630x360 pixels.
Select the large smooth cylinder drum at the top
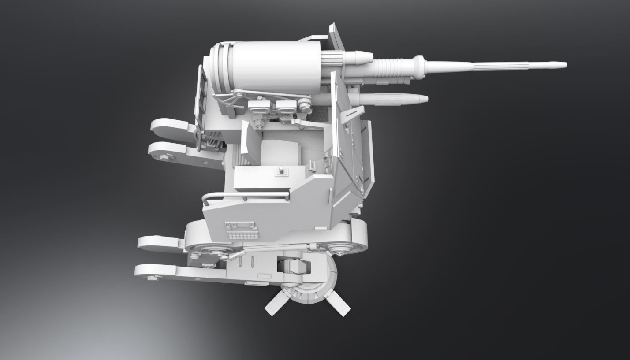pos(276,66)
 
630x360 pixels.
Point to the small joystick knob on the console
pos(281,170)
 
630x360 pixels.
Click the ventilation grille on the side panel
pos(241,230)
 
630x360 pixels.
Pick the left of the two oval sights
pos(259,105)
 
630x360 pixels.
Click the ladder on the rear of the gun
pos(201,101)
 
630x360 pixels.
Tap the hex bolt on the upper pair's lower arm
pos(164,156)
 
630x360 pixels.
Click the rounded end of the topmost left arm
pos(157,126)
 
